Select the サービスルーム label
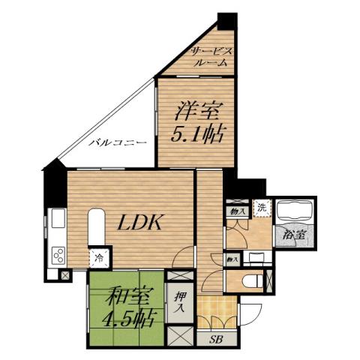point(212,56)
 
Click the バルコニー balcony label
point(113,142)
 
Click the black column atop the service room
point(227,21)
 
